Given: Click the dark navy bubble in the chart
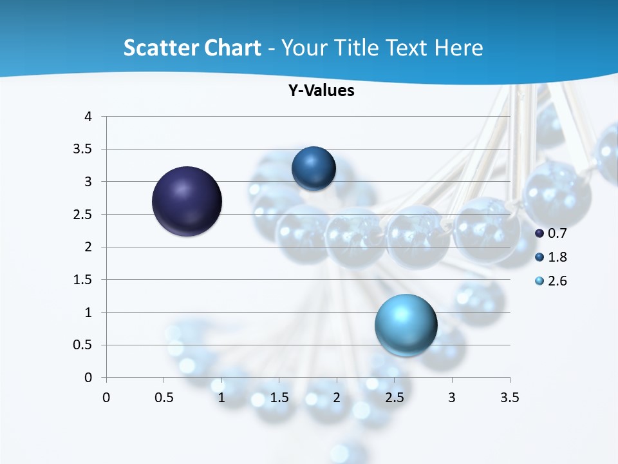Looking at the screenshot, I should pyautogui.click(x=187, y=201).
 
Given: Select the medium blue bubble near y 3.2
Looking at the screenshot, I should pyautogui.click(x=314, y=169).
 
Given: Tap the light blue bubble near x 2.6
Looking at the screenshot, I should pyautogui.click(x=406, y=325).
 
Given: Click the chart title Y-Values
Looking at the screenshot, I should pyautogui.click(x=321, y=91).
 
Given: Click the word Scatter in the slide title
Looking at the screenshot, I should pyautogui.click(x=159, y=48).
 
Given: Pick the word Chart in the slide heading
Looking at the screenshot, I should pyautogui.click(x=231, y=48).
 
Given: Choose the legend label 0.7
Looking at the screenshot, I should pyautogui.click(x=557, y=233).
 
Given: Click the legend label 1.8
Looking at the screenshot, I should pyautogui.click(x=557, y=257).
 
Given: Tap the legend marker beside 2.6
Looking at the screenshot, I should pyautogui.click(x=539, y=281).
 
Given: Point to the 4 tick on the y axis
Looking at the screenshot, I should pyautogui.click(x=89, y=117).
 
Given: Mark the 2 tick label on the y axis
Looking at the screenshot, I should pyautogui.click(x=89, y=247).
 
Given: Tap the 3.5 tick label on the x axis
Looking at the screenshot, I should pyautogui.click(x=509, y=398).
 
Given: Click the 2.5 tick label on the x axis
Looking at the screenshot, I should pyautogui.click(x=394, y=398).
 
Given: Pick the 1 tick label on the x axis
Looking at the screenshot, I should pyautogui.click(x=221, y=398).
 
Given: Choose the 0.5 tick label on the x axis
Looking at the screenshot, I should pyautogui.click(x=164, y=398).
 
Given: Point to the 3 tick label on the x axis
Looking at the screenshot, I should pyautogui.click(x=452, y=398).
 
